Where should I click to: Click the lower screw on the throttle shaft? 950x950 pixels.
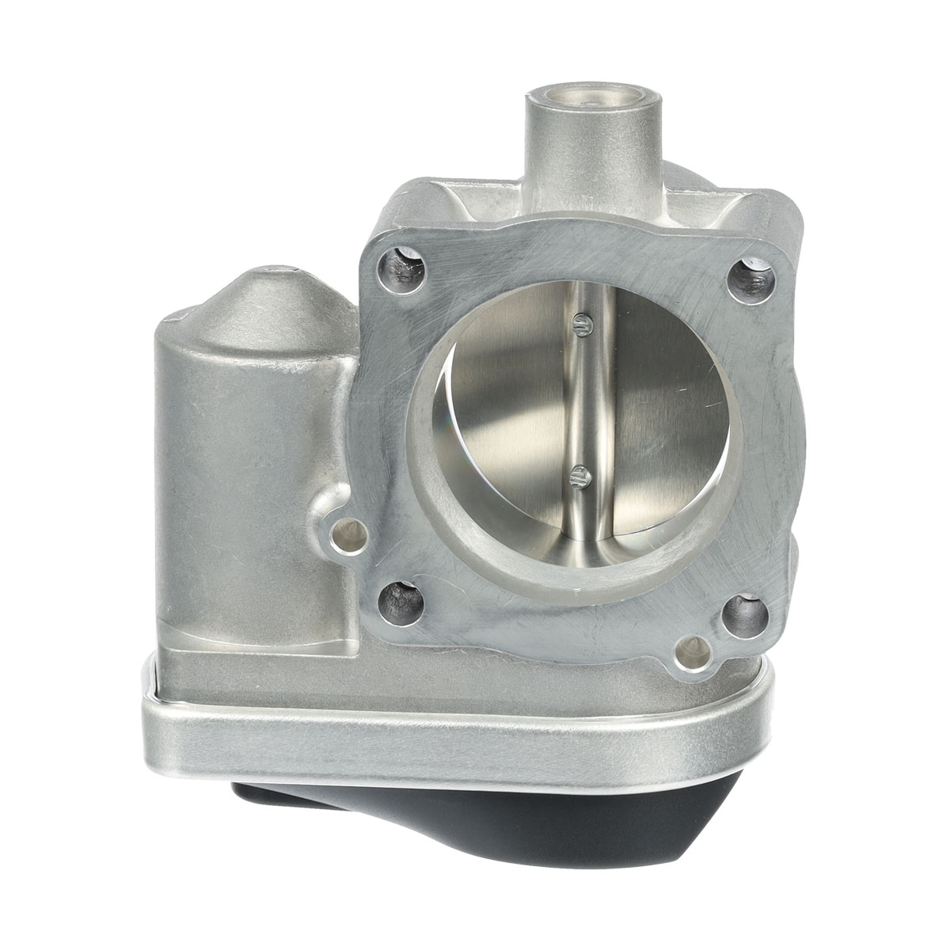coord(579,477)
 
